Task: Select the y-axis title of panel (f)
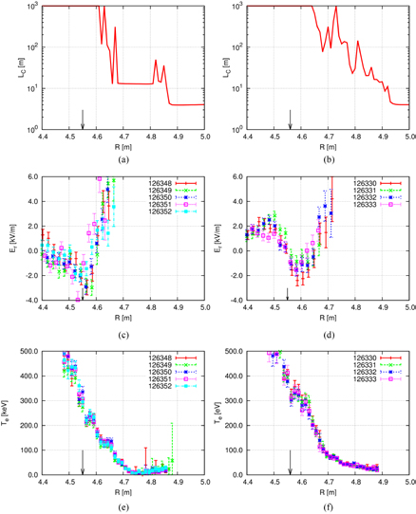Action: tap(217, 412)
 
